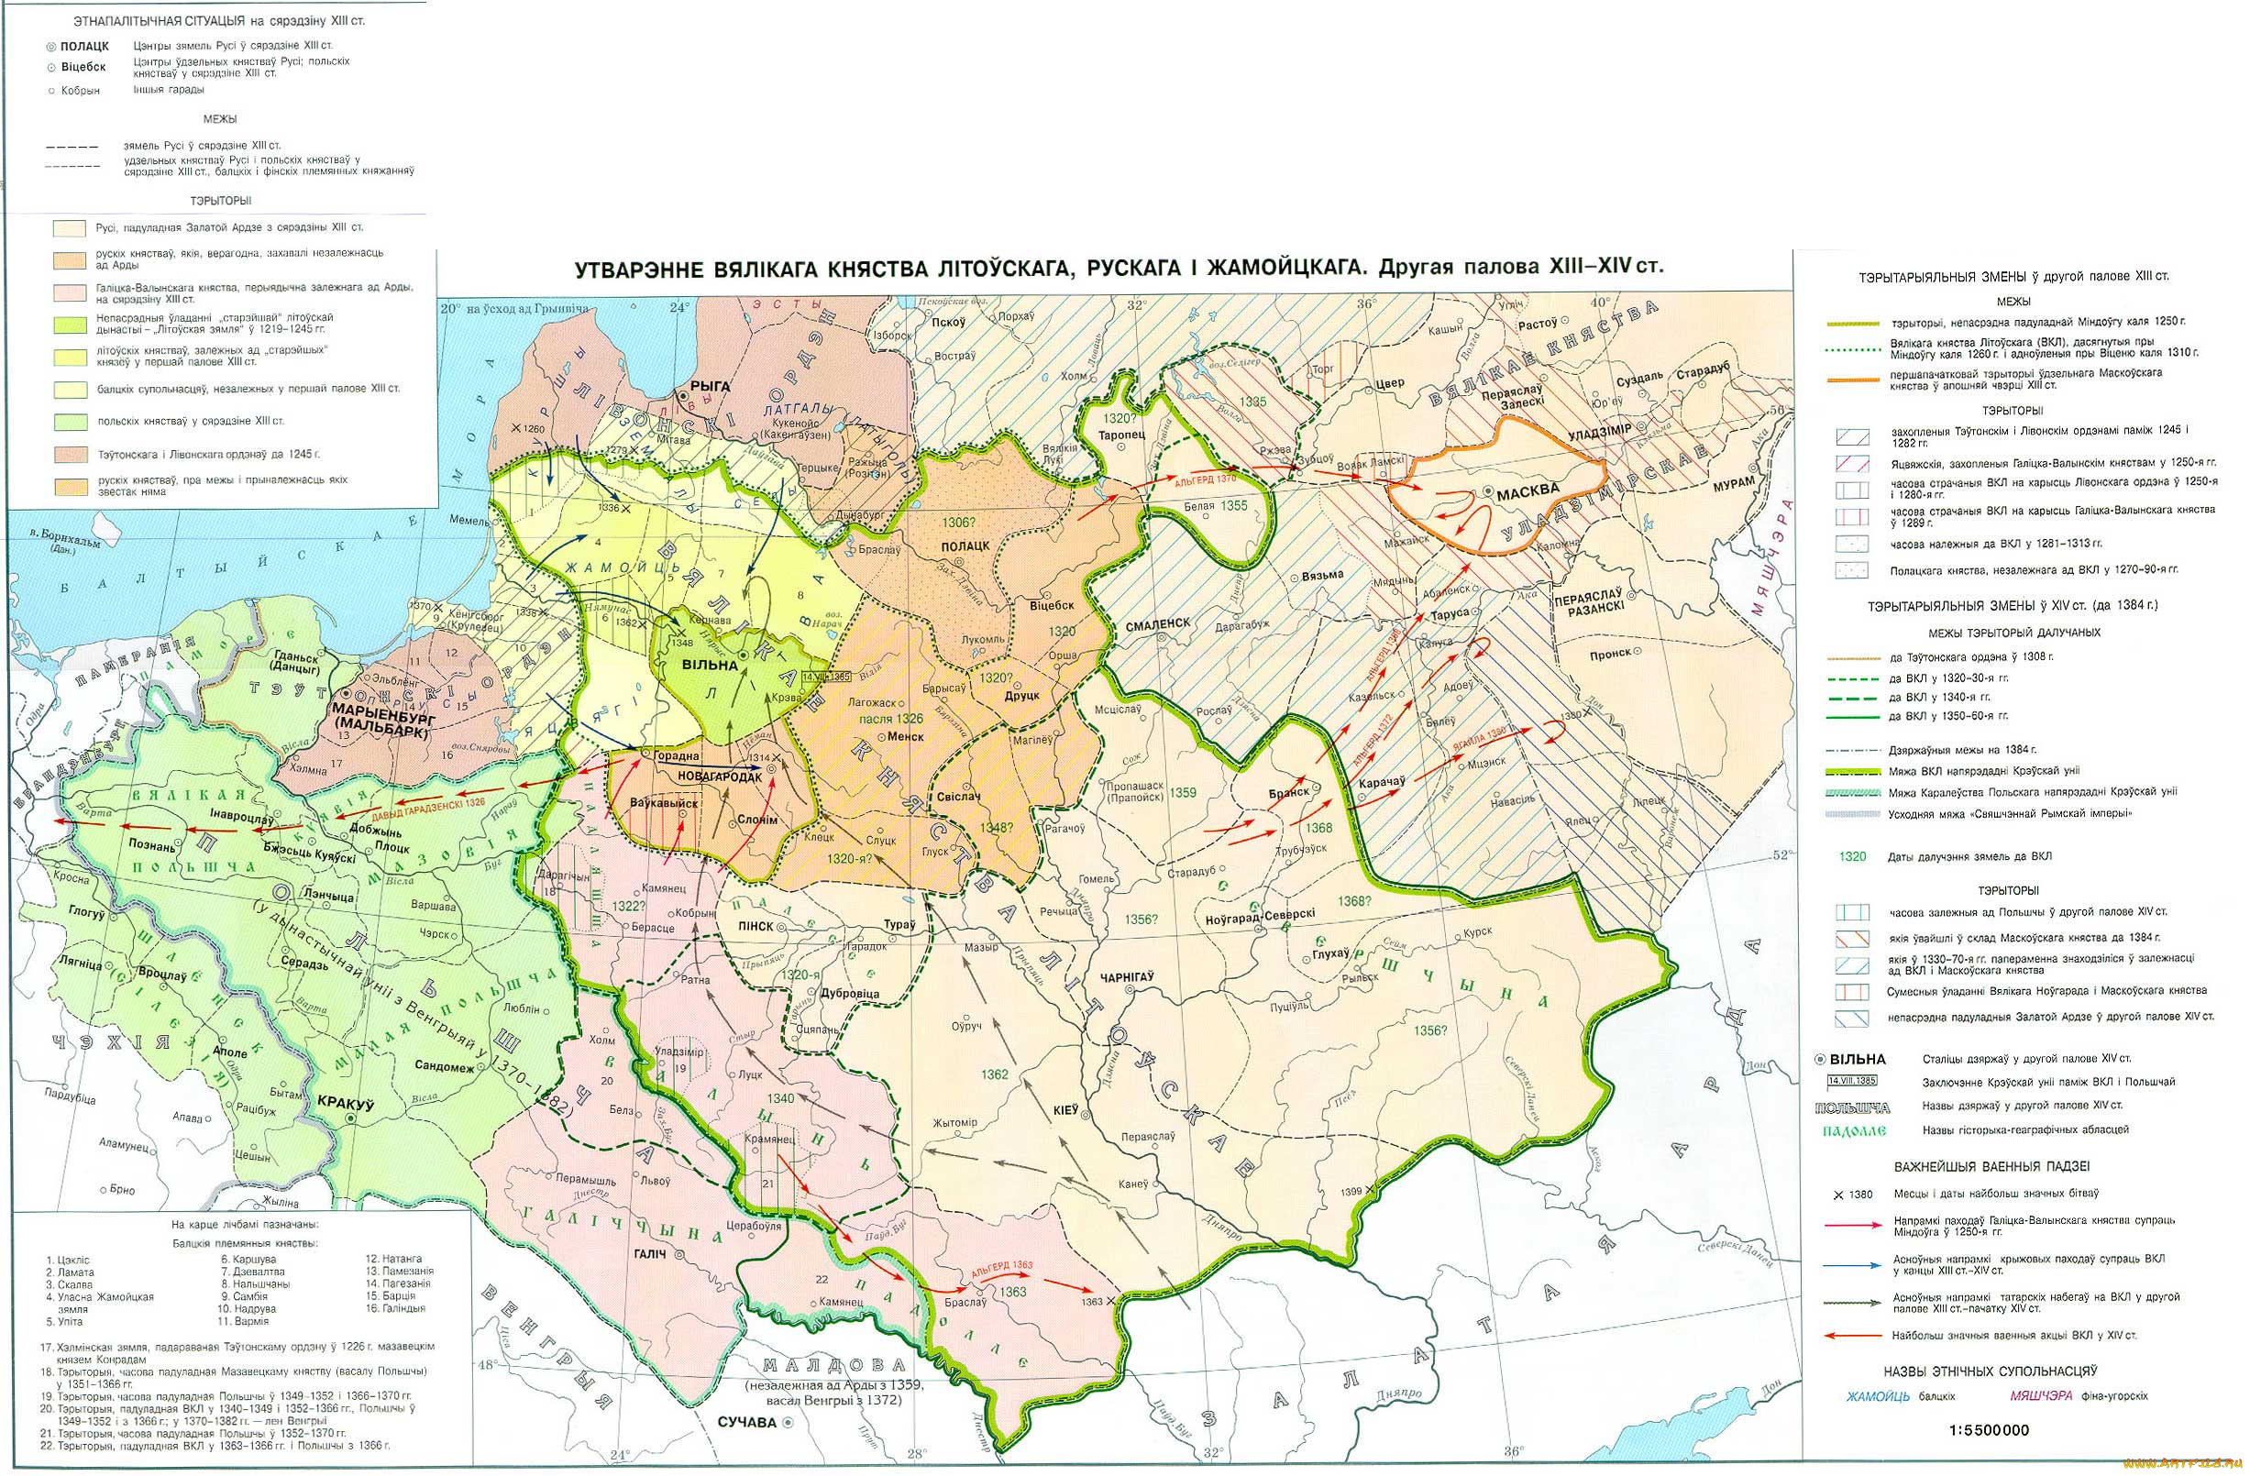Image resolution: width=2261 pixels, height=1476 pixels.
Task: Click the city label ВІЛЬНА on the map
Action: (x=710, y=665)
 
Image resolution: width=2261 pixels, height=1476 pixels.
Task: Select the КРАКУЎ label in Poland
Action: (x=349, y=1105)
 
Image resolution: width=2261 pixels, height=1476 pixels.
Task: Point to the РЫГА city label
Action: (x=711, y=386)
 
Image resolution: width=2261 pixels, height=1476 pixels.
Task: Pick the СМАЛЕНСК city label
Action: (x=1157, y=624)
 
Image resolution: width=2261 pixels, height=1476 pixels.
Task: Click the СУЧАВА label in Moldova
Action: (x=747, y=1423)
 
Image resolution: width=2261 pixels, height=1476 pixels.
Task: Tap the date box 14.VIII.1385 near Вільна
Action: (x=826, y=677)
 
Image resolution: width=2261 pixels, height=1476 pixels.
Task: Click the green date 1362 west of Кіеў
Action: (x=995, y=1074)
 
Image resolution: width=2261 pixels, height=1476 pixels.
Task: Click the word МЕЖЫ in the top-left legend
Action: (x=219, y=120)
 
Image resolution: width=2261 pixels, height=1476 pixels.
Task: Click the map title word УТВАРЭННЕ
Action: (x=635, y=269)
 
